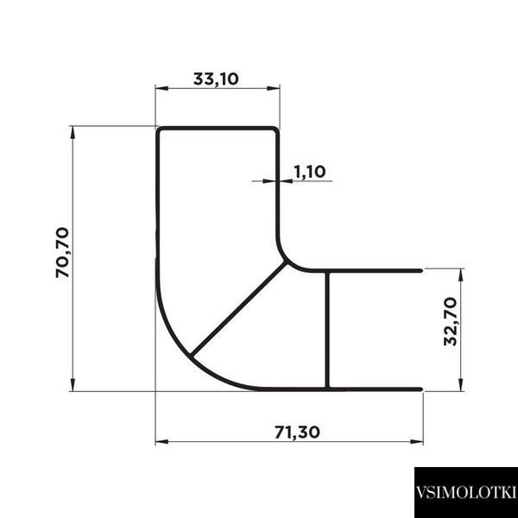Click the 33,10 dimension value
tap(216, 79)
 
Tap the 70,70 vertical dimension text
tap(63, 253)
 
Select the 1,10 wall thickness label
tap(310, 172)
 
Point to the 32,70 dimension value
tap(451, 321)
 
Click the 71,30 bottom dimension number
tap(297, 433)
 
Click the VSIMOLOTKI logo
tap(466, 492)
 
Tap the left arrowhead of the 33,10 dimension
tap(161, 88)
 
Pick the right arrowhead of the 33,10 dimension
tap(274, 88)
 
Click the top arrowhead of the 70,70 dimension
tap(73, 132)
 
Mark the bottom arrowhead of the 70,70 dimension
tap(73, 385)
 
